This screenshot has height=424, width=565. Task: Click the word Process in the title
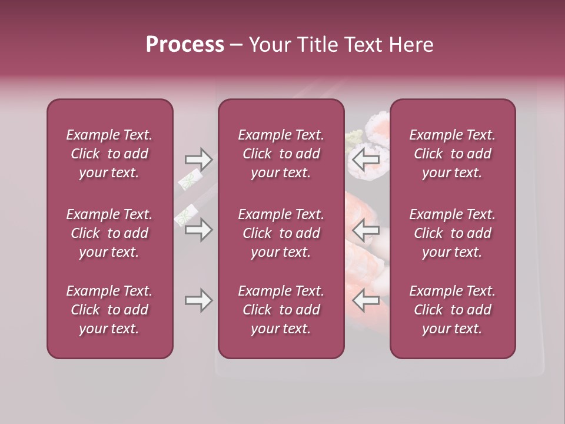pos(185,44)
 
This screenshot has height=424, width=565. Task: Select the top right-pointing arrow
pos(198,159)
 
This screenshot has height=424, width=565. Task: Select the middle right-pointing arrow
pos(198,230)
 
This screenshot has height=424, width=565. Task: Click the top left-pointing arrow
pos(365,159)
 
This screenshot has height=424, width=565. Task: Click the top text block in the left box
pos(109,154)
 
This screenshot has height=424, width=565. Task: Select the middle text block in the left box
pos(109,233)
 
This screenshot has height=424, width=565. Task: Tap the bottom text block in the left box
pos(109,310)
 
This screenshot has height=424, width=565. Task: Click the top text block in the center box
pos(281,154)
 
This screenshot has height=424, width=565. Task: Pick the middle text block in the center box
pos(281,233)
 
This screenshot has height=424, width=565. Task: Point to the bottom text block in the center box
pos(281,310)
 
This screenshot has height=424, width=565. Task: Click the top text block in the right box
pos(452,154)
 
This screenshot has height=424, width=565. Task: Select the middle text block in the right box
pos(452,233)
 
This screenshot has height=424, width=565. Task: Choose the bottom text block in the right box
pos(452,310)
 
